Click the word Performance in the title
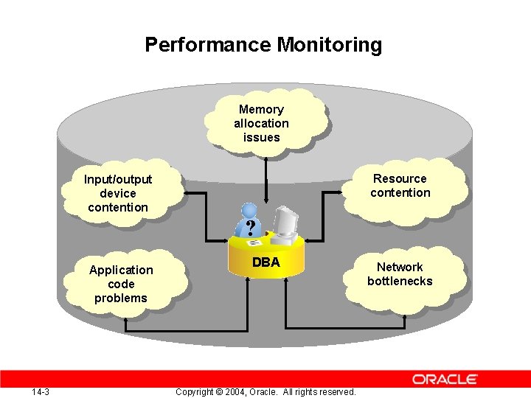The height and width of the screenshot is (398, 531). pos(209,45)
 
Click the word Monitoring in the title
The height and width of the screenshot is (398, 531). pos(330,45)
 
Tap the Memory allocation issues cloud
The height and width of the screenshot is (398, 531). pos(261,123)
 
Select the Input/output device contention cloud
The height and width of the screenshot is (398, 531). pos(118,193)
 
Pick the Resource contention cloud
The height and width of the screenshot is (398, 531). pos(400,186)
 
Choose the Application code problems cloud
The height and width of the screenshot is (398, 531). pos(121,284)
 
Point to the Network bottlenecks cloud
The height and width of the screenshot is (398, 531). pos(400,274)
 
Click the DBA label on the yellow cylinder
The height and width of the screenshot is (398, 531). pos(265,262)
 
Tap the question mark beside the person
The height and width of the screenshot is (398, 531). pos(251,226)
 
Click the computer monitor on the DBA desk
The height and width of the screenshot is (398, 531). pos(286,219)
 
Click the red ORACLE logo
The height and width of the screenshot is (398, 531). pos(445,379)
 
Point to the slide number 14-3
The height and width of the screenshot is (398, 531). pos(41,391)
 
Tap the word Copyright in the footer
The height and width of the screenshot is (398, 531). pos(195,391)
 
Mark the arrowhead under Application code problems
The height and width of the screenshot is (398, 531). pos(126,321)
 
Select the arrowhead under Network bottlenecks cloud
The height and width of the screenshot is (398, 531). pos(404,316)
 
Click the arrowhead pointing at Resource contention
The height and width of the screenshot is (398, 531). pos(344,193)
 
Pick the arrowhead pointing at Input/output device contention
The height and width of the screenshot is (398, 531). pos(184,193)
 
